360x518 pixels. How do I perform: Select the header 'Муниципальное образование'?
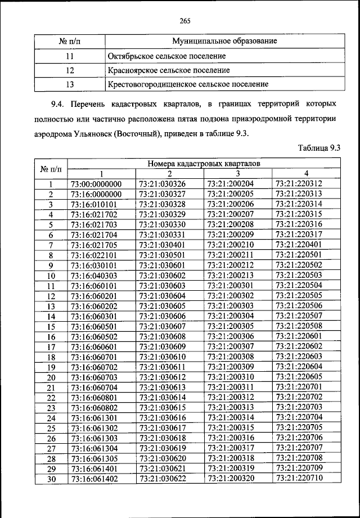point(224,42)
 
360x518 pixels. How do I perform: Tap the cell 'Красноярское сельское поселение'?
point(168,70)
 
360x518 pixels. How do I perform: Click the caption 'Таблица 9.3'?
point(319,148)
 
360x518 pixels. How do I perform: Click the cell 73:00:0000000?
point(96,184)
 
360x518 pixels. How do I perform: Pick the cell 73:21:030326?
point(161,184)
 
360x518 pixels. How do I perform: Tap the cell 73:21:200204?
point(231,184)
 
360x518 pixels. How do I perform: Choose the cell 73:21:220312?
point(299,184)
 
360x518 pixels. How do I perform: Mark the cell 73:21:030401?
point(161,245)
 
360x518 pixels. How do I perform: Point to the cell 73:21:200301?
point(231,286)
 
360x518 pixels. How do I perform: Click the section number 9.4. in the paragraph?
point(59,105)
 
